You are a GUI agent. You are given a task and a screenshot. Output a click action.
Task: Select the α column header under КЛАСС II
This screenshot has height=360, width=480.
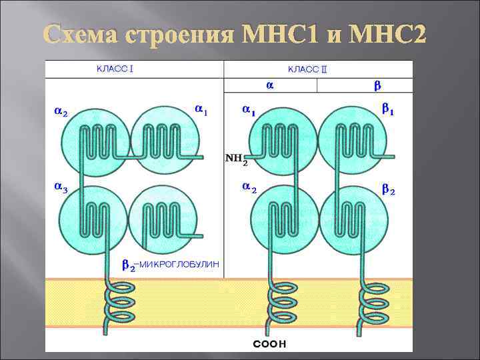(269, 85)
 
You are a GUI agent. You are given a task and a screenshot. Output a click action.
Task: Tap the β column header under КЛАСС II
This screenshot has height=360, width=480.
(377, 86)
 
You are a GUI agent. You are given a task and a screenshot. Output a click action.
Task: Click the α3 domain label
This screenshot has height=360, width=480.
(61, 188)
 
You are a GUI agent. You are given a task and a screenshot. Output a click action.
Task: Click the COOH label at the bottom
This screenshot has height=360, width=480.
(269, 345)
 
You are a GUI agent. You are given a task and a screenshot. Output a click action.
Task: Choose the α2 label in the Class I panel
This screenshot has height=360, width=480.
(60, 111)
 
